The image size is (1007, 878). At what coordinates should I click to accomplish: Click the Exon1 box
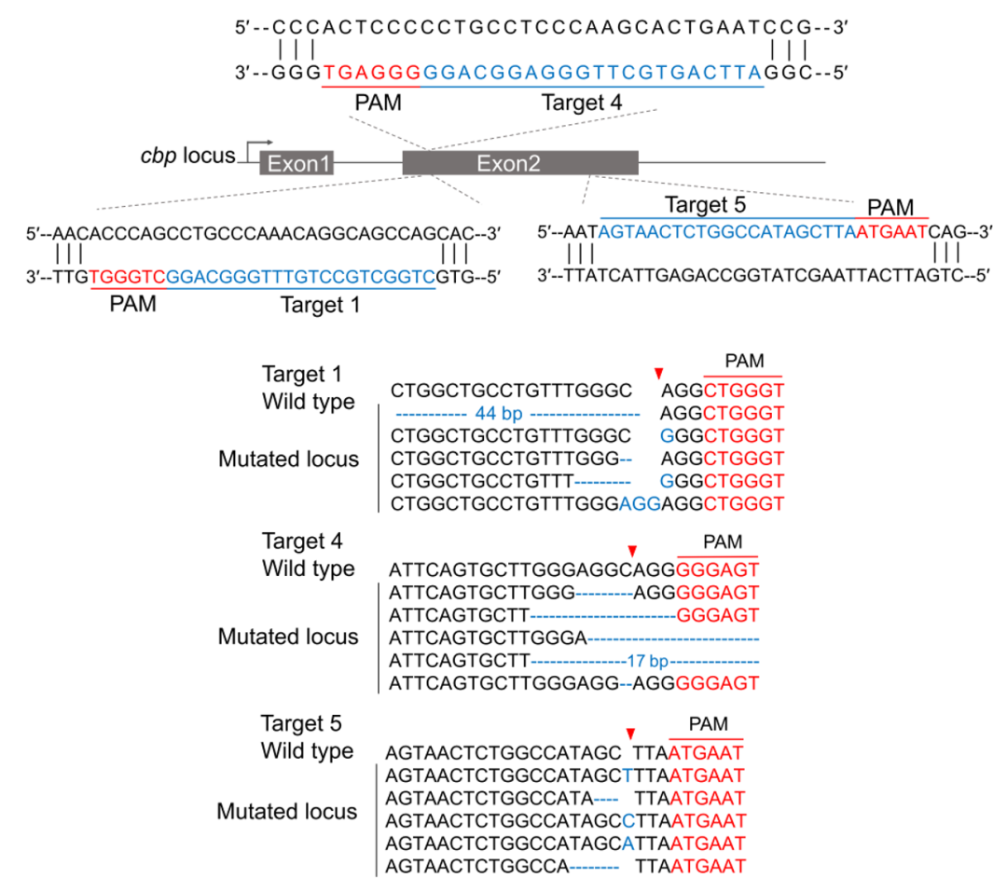click(x=297, y=163)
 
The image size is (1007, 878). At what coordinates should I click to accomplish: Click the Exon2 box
click(x=520, y=163)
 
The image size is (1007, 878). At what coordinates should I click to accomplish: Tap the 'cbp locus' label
click(x=187, y=156)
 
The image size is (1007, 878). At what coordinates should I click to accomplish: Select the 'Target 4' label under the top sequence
click(x=581, y=103)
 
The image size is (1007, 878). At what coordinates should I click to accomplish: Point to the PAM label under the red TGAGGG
click(x=379, y=103)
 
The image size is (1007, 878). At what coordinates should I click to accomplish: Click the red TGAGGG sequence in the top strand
click(x=371, y=73)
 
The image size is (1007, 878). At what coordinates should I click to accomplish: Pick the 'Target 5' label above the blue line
click(x=705, y=205)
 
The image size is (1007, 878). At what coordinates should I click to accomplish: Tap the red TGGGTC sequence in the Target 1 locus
click(x=128, y=277)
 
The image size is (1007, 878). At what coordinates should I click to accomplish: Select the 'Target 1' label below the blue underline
click(x=320, y=305)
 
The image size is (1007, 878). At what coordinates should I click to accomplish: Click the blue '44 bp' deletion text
click(x=498, y=413)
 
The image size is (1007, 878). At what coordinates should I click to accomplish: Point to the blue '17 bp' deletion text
click(x=647, y=661)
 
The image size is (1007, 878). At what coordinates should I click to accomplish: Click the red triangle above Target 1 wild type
click(x=658, y=373)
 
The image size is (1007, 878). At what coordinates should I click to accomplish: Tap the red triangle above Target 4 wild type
click(x=632, y=551)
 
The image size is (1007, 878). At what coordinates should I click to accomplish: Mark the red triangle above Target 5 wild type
click(x=630, y=734)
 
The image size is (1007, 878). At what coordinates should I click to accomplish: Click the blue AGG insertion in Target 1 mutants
click(x=640, y=504)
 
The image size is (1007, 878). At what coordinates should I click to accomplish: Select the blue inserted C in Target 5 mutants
click(x=628, y=821)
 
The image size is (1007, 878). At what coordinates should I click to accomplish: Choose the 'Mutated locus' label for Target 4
click(x=288, y=637)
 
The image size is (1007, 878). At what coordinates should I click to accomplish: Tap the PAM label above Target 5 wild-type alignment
click(x=709, y=724)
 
